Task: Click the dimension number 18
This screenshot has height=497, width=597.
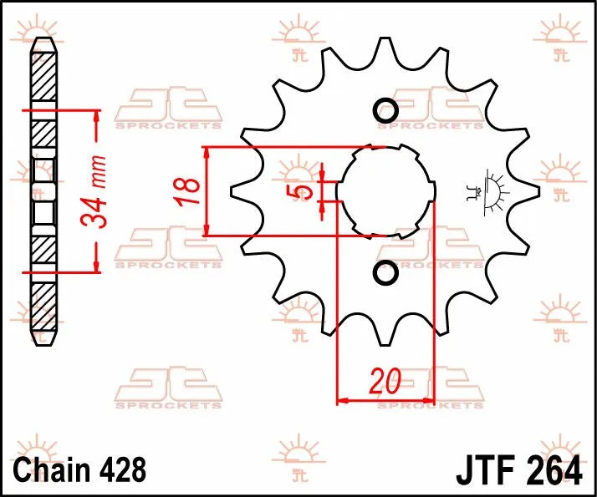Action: coord(190,192)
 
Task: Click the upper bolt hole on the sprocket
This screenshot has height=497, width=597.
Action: coord(386,110)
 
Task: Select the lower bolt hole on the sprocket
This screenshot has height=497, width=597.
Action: coord(386,273)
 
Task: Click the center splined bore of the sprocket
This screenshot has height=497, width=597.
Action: coord(385,191)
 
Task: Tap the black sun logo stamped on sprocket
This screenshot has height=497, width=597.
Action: coord(493,190)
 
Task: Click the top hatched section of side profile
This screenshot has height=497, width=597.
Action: coord(45,79)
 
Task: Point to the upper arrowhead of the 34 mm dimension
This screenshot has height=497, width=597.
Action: coord(98,117)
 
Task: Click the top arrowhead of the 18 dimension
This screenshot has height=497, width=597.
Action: coord(207,153)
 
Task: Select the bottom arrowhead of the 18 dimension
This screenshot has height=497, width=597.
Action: coord(207,230)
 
